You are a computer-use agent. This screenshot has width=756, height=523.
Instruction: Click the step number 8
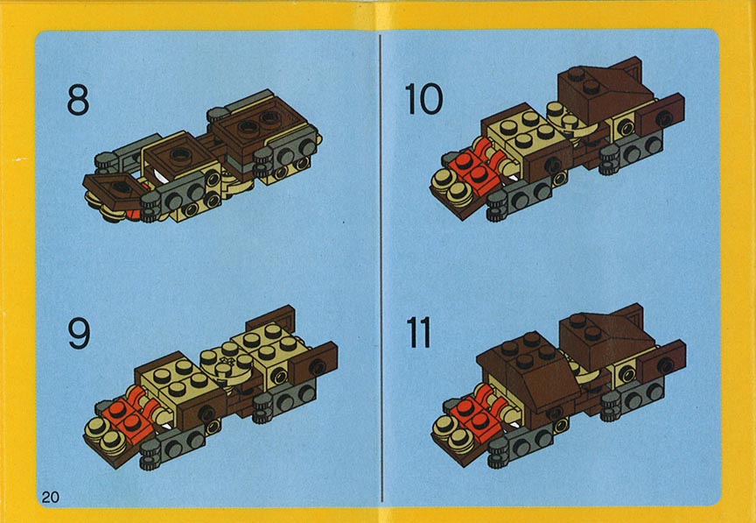[x=78, y=100]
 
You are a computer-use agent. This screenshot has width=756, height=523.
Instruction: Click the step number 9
[x=79, y=334]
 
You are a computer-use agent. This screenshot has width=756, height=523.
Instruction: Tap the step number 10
[x=423, y=99]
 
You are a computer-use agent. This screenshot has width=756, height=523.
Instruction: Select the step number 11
[x=418, y=333]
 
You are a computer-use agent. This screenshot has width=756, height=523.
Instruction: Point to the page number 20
[x=51, y=497]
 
